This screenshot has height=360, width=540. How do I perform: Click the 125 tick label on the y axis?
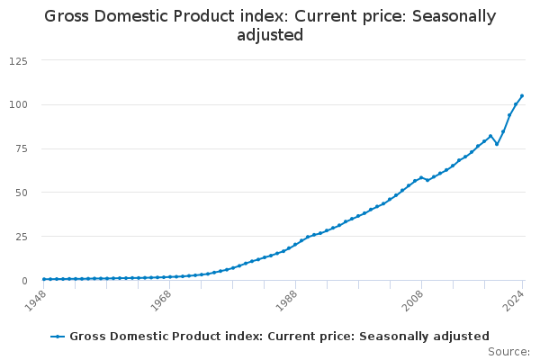18,60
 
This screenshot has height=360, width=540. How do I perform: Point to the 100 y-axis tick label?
18,104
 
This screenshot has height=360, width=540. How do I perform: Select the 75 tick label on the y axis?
21,148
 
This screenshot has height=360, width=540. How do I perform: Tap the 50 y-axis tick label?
21,193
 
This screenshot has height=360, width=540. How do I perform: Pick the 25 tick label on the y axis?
21,237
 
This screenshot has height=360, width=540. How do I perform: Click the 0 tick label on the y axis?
24,281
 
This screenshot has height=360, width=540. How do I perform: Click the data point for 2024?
522,96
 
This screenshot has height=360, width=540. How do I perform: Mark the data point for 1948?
44,279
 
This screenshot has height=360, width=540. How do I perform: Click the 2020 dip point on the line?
497,144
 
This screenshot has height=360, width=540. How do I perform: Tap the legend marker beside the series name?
58,336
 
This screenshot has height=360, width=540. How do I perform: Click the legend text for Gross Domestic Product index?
280,336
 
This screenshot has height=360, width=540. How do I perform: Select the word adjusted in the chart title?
270,36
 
